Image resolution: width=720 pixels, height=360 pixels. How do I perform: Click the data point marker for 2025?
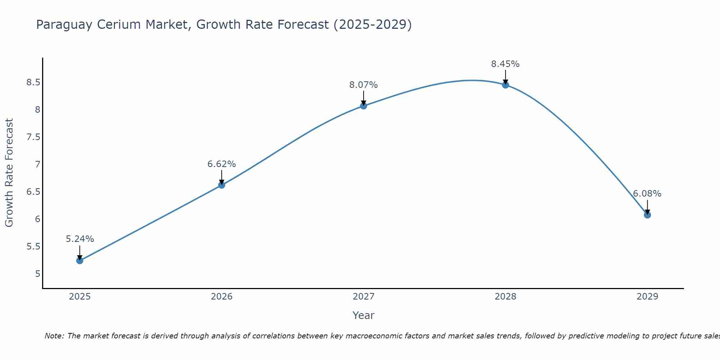pyautogui.click(x=80, y=260)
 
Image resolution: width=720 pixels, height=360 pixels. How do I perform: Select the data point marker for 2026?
pyautogui.click(x=222, y=185)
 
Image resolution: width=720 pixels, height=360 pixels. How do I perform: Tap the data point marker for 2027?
pyautogui.click(x=364, y=106)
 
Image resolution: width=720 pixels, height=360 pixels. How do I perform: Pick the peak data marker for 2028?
pyautogui.click(x=505, y=85)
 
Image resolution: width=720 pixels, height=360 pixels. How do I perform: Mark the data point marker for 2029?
pyautogui.click(x=647, y=215)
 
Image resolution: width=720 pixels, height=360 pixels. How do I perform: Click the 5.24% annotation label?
pyautogui.click(x=80, y=239)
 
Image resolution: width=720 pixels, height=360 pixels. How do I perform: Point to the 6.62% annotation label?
pyautogui.click(x=222, y=164)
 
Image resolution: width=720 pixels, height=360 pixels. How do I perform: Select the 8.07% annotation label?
pyautogui.click(x=364, y=85)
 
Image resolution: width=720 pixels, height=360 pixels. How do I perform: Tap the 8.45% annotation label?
pyautogui.click(x=505, y=64)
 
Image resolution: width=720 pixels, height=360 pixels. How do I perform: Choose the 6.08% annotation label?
pyautogui.click(x=647, y=194)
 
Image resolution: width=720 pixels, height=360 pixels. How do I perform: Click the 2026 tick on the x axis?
pyautogui.click(x=222, y=297)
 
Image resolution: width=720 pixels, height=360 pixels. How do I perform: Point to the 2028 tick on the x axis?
pyautogui.click(x=505, y=297)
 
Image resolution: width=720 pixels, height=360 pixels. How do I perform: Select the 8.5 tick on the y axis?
pyautogui.click(x=33, y=82)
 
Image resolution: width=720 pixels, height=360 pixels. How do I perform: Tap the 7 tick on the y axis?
pyautogui.click(x=37, y=165)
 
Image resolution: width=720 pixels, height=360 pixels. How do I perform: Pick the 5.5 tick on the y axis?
pyautogui.click(x=33, y=247)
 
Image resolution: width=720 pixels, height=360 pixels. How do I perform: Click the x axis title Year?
pyautogui.click(x=364, y=315)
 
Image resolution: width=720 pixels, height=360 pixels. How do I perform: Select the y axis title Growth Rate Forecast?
pyautogui.click(x=9, y=173)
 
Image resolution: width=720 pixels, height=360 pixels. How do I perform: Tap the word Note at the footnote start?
pyautogui.click(x=54, y=336)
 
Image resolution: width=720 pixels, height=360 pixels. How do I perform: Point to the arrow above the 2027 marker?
pyautogui.click(x=364, y=98)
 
